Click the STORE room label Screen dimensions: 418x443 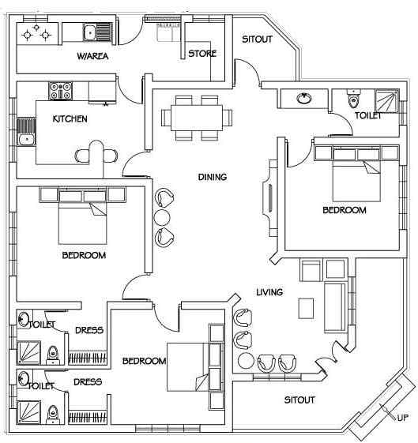[202, 54]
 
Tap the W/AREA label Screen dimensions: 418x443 [92, 56]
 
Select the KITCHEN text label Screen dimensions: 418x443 [70, 118]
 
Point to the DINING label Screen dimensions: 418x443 [213, 177]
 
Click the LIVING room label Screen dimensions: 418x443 [269, 292]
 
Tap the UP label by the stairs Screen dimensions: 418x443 [402, 418]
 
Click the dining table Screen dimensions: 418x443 [197, 118]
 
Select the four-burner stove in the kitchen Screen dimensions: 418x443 [61, 91]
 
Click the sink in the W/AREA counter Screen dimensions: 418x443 [90, 33]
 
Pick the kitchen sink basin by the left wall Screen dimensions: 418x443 [26, 140]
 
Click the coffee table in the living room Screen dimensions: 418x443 [306, 308]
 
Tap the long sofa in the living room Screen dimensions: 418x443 [335, 307]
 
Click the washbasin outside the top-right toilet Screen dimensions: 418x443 [304, 99]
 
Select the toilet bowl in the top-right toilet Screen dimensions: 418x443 [353, 99]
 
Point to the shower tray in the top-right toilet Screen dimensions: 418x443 [386, 101]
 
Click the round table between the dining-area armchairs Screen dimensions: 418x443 [162, 217]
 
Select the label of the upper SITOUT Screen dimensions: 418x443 [257, 39]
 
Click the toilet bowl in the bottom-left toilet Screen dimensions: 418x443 [53, 415]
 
